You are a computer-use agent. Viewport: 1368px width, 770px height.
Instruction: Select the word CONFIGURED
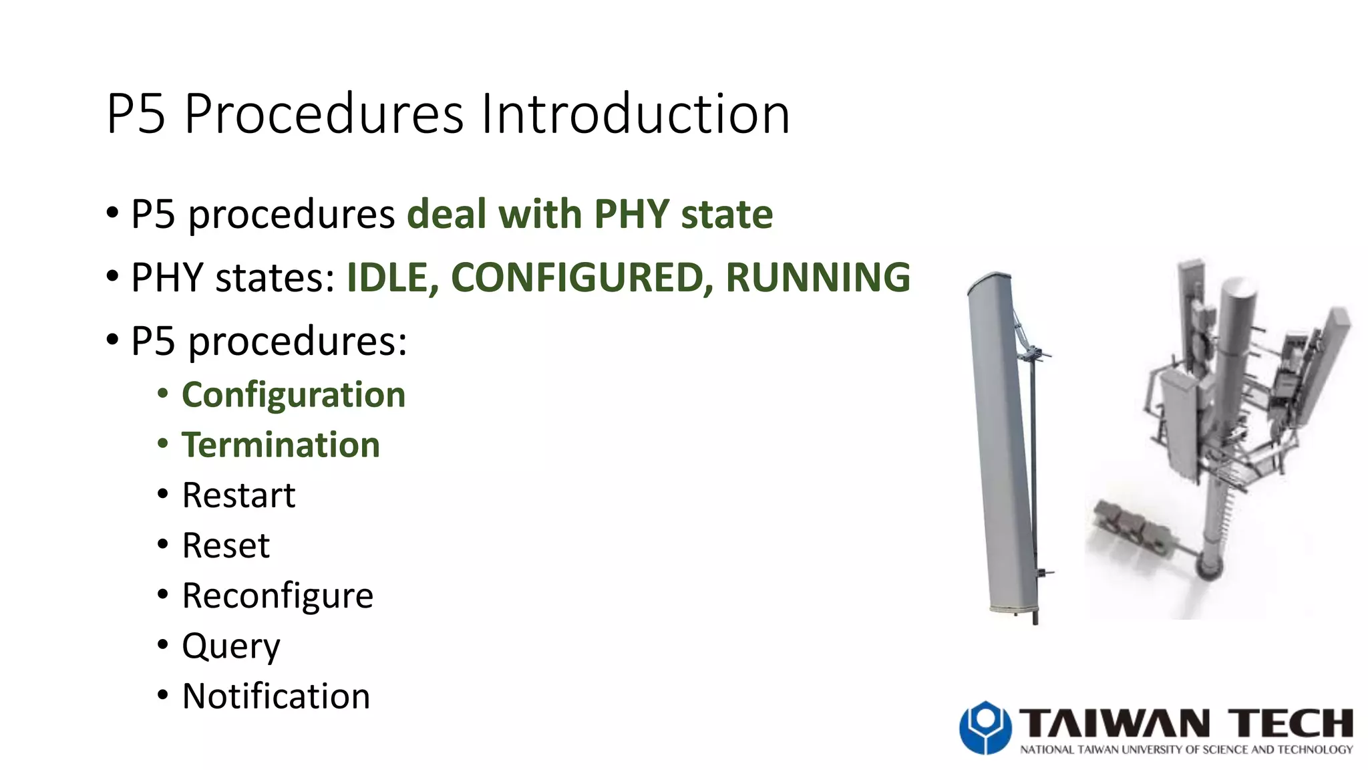pos(581,277)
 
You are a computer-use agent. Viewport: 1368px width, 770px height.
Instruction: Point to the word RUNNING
pos(818,277)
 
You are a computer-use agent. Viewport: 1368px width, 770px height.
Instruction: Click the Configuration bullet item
pos(293,394)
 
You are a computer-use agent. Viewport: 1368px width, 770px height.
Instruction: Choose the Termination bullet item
pos(281,445)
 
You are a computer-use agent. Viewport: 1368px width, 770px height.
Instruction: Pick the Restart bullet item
pos(238,495)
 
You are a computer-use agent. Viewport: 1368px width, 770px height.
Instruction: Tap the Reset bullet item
pos(226,545)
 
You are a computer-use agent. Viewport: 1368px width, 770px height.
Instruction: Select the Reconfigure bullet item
pos(277,596)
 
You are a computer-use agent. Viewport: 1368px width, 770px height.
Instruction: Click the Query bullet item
pos(231,646)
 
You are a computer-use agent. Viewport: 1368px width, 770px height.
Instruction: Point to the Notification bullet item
pos(276,696)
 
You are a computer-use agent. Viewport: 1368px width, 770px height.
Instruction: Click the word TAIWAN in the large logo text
pos(1114,723)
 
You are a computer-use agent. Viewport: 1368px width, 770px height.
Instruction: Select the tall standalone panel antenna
pos(1002,441)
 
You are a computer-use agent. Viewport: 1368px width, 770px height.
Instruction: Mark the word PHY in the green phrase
pos(631,215)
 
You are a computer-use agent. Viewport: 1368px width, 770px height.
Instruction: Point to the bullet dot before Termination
pos(163,444)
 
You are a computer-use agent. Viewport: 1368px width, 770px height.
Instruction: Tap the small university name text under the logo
pos(1186,750)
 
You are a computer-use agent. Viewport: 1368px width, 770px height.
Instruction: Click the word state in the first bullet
pos(727,215)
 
